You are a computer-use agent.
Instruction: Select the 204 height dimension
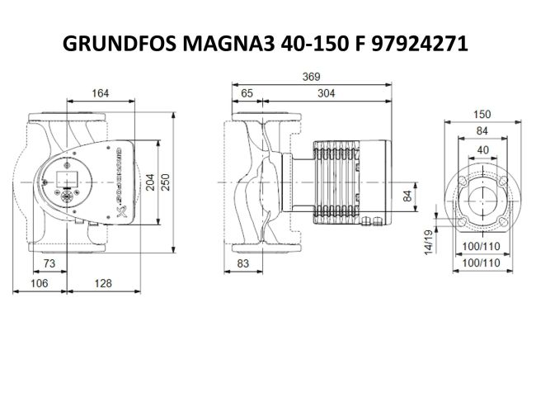tap(150, 183)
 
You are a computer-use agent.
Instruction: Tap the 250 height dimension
tap(166, 183)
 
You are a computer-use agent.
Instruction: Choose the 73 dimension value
tap(49, 263)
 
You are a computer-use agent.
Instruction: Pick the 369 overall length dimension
tap(312, 78)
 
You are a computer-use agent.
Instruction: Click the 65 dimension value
tap(247, 93)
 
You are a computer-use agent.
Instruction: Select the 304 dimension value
tap(326, 93)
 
